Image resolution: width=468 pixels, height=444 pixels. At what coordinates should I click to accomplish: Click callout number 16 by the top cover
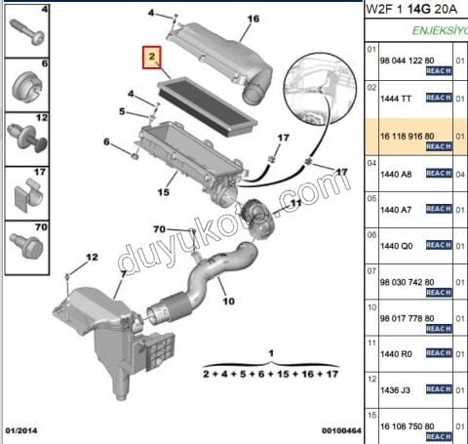point(253,19)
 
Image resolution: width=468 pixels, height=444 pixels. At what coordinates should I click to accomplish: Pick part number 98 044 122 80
point(409,61)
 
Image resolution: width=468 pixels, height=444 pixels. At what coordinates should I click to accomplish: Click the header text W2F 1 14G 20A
point(415,10)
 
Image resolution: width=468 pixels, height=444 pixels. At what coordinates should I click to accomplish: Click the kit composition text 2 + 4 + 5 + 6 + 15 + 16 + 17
point(270,374)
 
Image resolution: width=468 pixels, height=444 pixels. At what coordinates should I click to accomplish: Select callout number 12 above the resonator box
point(91,257)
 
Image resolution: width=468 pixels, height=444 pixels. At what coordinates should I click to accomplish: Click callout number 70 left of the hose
point(158,229)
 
